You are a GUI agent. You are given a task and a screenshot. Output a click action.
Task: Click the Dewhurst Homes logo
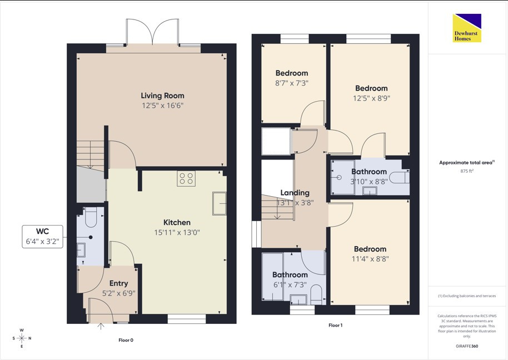coord(467,28)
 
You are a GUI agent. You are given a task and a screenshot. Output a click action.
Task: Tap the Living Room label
coord(162,96)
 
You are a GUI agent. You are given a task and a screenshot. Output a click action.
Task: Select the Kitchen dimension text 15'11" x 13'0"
coord(177,232)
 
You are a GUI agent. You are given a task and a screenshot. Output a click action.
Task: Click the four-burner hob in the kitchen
coord(186,178)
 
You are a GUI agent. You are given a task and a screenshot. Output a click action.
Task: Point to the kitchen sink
coord(220,203)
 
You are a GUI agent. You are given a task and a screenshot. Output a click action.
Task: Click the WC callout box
coord(42,237)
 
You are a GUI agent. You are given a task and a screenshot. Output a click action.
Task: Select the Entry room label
coord(118,283)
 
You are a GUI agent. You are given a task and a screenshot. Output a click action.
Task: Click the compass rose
coord(21,338)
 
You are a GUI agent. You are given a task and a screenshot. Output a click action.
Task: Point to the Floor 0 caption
coord(126,340)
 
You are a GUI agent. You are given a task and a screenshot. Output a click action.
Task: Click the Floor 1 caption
coord(335,326)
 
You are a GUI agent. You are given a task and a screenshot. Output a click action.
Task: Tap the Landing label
coord(295,193)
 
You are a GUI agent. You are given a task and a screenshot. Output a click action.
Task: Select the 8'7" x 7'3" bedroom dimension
coord(292,83)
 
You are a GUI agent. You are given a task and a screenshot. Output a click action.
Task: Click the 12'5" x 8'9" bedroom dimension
coord(372,98)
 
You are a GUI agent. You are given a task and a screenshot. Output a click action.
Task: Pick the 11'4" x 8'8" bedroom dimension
coord(370,259)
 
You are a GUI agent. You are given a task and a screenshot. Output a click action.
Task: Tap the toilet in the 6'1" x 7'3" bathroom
coord(316,294)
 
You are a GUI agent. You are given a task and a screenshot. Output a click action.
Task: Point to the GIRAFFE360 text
coord(467,346)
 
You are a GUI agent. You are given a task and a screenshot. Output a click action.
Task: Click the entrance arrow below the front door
coord(101,326)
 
